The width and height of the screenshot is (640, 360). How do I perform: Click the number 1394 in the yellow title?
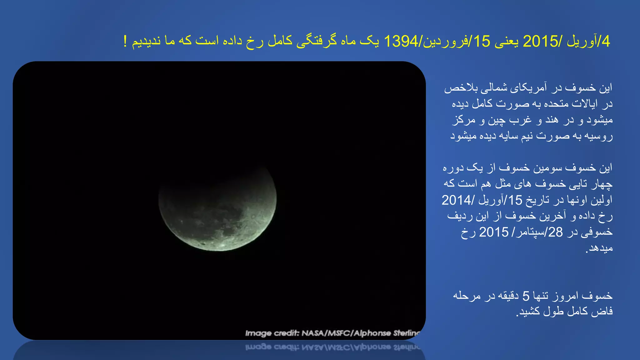(x=401, y=42)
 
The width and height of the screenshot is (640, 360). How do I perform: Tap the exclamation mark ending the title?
(x=125, y=42)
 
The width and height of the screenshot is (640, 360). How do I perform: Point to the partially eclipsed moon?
(x=217, y=208)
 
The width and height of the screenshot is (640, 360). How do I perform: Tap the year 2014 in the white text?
(x=456, y=200)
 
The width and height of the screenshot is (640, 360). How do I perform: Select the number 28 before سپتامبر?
(x=555, y=232)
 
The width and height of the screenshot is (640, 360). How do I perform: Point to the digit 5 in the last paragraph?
(x=526, y=296)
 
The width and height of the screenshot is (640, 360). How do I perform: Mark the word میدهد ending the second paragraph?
(x=600, y=248)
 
